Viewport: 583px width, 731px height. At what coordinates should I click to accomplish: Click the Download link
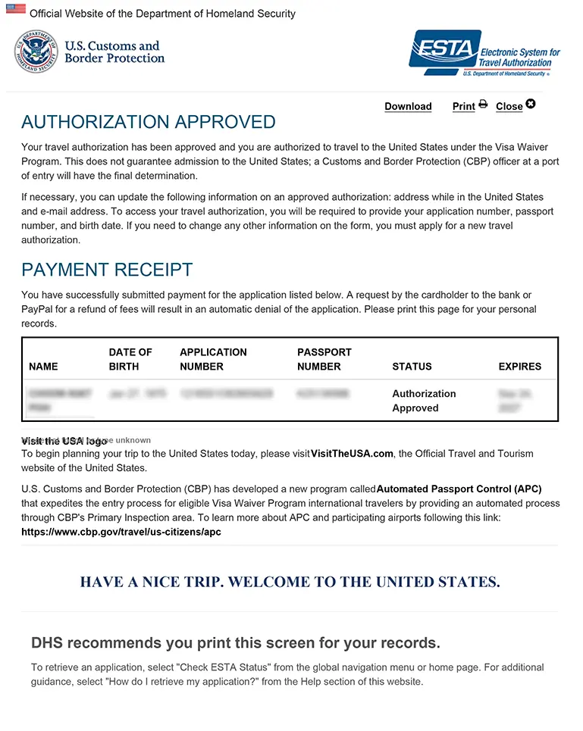[x=408, y=107]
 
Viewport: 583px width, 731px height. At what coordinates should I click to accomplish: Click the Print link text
[x=463, y=107]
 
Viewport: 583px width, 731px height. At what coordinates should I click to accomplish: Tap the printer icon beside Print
[x=483, y=105]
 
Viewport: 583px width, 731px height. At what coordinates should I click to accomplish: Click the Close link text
[x=509, y=107]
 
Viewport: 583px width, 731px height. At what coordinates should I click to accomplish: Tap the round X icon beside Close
[x=531, y=104]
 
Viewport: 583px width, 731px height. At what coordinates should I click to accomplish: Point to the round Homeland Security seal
[x=36, y=52]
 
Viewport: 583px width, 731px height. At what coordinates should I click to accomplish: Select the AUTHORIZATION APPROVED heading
[x=149, y=122]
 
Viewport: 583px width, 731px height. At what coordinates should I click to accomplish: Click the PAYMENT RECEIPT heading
[x=107, y=270]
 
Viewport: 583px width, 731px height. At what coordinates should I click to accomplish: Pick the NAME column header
[x=43, y=367]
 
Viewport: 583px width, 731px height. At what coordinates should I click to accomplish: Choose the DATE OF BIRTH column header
[x=130, y=359]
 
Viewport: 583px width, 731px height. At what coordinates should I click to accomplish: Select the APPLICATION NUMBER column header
[x=213, y=359]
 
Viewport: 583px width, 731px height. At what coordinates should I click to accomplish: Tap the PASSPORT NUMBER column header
[x=324, y=359]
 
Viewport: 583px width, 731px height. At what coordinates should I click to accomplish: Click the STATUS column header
[x=412, y=367]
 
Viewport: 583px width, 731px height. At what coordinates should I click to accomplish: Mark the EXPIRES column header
[x=519, y=367]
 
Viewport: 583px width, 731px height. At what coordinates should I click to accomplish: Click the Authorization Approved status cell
[x=424, y=401]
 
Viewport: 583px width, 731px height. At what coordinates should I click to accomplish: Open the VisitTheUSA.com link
[x=352, y=454]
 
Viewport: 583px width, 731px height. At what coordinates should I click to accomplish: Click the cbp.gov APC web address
[x=121, y=532]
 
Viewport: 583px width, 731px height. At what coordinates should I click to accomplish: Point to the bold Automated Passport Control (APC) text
[x=459, y=489]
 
